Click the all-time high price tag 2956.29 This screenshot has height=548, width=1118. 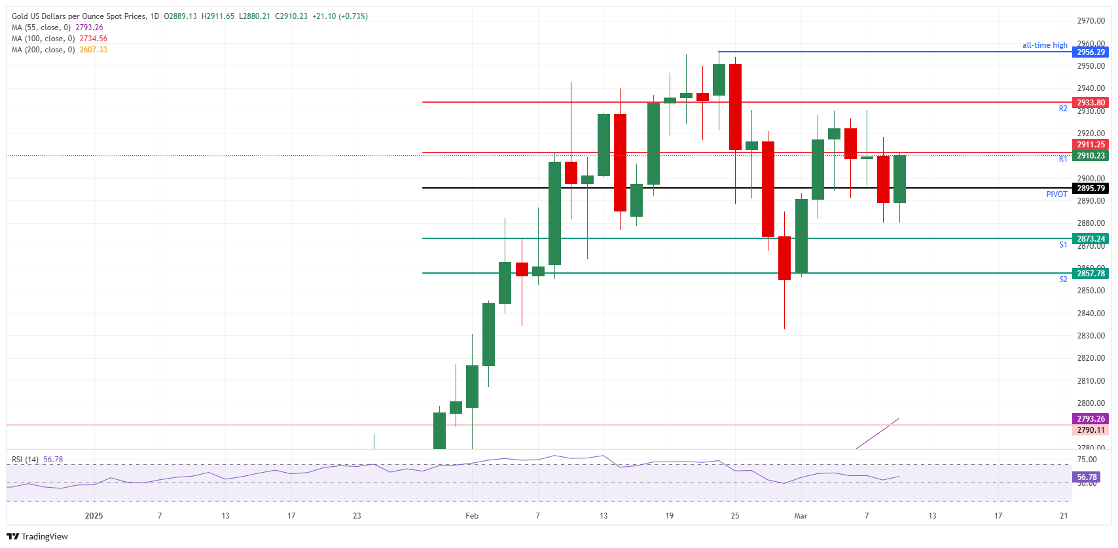pyautogui.click(x=1091, y=52)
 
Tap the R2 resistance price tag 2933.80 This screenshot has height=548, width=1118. pyautogui.click(x=1091, y=103)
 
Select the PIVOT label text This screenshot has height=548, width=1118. pyautogui.click(x=1056, y=194)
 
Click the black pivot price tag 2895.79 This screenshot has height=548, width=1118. pyautogui.click(x=1091, y=189)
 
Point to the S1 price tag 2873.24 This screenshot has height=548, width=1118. pyautogui.click(x=1091, y=239)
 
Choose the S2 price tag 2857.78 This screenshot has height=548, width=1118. pyautogui.click(x=1091, y=274)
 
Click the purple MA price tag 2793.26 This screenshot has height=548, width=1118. pyautogui.click(x=1091, y=419)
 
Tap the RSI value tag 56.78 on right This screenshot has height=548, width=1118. pyautogui.click(x=1087, y=477)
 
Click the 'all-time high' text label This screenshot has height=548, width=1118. pyautogui.click(x=1045, y=45)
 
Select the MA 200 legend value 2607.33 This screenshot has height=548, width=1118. pyautogui.click(x=94, y=50)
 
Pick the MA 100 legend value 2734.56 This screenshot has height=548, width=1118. pyautogui.click(x=94, y=39)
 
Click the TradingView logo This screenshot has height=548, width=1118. pyautogui.click(x=37, y=536)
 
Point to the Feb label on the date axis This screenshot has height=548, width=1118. pyautogui.click(x=472, y=516)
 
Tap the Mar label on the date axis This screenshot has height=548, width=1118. pyautogui.click(x=801, y=516)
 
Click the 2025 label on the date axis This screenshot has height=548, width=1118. pyautogui.click(x=94, y=516)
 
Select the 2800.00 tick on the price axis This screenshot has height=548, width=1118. pyautogui.click(x=1091, y=403)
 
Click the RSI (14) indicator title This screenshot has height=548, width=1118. pyautogui.click(x=25, y=460)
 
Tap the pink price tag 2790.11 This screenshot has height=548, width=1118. pyautogui.click(x=1091, y=430)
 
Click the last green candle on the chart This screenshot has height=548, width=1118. pyautogui.click(x=899, y=179)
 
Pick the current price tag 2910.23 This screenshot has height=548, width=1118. pyautogui.click(x=1091, y=156)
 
